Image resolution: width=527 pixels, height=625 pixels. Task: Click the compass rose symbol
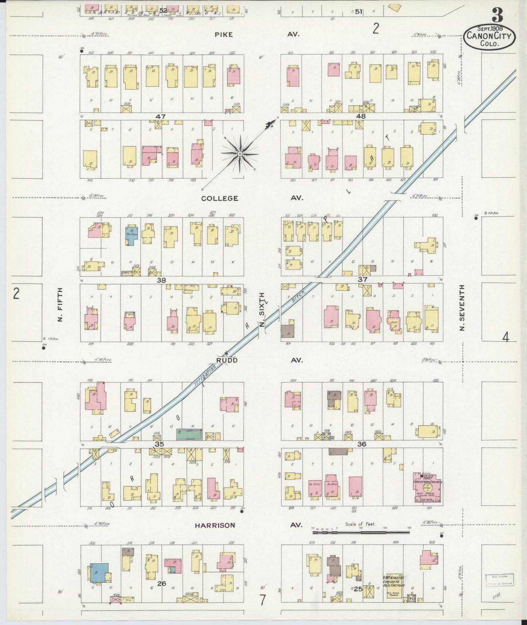point(240,154)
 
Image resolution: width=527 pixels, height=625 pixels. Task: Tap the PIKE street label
point(223,35)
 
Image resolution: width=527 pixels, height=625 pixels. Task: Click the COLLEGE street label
point(220,198)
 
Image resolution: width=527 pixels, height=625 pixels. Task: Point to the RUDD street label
point(227,360)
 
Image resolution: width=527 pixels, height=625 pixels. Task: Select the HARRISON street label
point(214,525)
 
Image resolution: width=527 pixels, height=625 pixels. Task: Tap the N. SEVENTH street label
point(462,308)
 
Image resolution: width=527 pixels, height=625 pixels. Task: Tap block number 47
point(160,116)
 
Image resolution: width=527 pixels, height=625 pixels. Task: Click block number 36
point(361,444)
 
